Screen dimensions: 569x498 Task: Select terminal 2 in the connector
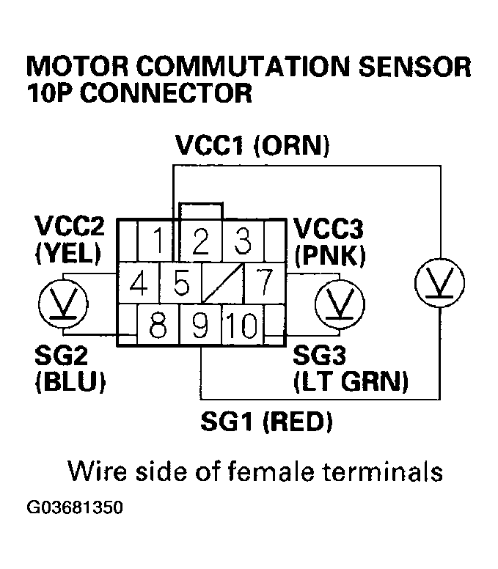[x=199, y=240]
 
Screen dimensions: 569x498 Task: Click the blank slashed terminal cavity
[x=220, y=282]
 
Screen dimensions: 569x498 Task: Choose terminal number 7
[x=263, y=282]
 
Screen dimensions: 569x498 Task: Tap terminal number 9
[x=200, y=323]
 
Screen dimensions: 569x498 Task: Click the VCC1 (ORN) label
[x=252, y=145]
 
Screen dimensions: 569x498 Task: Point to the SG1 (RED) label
[x=266, y=422]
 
